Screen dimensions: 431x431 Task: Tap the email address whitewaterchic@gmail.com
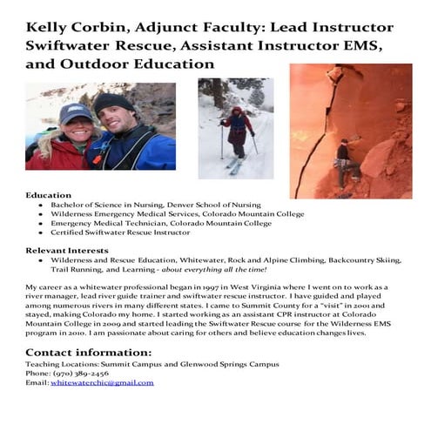pos(102,382)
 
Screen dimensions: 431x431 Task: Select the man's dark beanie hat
pos(113,102)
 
